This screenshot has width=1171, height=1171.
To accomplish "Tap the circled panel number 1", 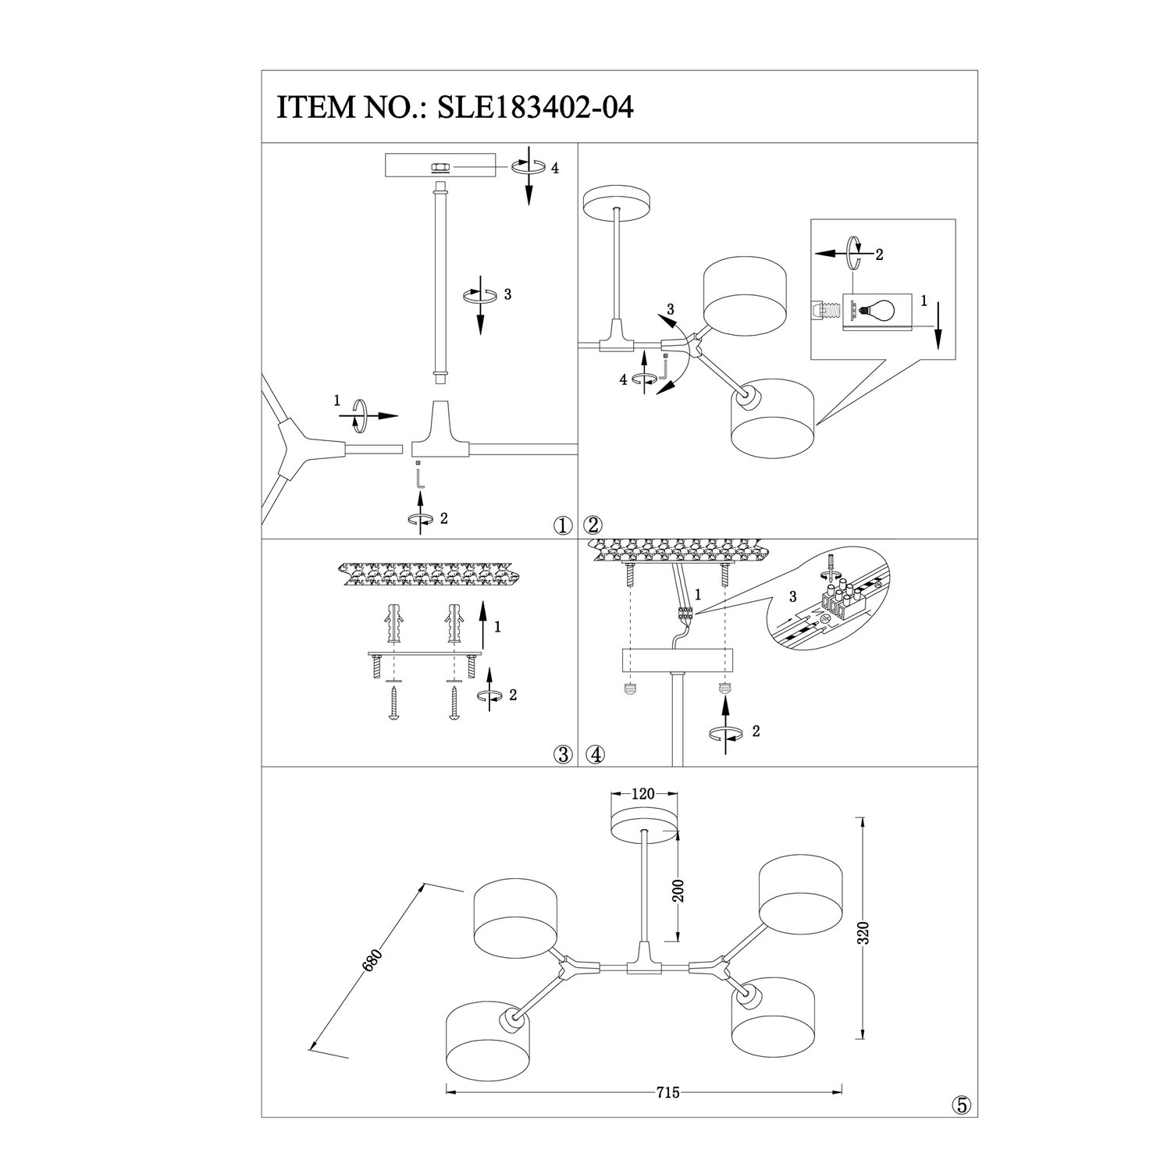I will [562, 525].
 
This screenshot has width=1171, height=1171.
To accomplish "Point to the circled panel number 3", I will [562, 754].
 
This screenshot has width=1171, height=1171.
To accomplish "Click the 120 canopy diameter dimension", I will [642, 795].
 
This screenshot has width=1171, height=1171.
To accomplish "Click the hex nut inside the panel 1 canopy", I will [440, 167].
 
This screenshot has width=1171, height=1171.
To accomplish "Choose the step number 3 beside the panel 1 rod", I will [507, 294].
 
